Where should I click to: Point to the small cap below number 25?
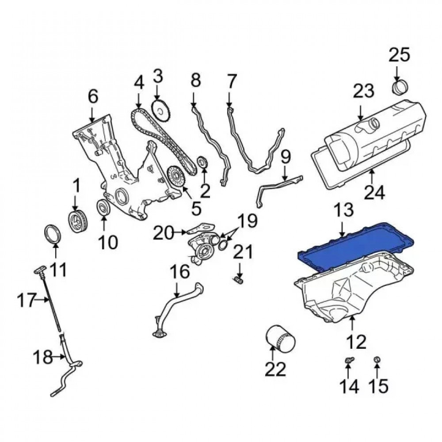399,87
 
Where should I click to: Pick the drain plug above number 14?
349,362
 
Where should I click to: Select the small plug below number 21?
240,280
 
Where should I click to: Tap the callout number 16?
180,272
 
